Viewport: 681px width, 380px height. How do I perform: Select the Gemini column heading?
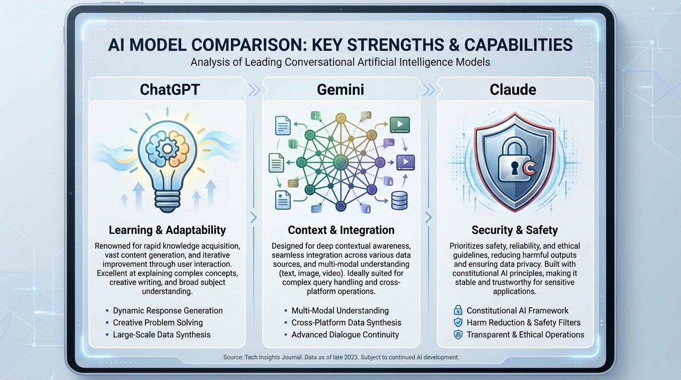340,90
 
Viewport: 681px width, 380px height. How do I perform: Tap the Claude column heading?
513,90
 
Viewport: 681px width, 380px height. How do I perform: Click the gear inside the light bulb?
168,148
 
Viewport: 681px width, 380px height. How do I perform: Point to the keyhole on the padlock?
514,168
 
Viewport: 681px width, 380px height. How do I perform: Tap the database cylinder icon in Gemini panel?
398,201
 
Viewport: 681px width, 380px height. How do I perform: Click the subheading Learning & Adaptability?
167,230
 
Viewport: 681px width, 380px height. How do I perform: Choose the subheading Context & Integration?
341,230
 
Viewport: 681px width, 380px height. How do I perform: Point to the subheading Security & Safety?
515,230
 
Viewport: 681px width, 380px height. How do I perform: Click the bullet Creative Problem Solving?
158,323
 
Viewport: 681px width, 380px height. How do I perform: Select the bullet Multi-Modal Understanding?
340,311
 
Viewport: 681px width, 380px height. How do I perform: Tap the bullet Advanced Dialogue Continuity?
345,334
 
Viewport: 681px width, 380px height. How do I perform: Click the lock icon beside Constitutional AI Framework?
458,311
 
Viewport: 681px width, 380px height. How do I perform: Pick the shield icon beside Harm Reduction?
458,323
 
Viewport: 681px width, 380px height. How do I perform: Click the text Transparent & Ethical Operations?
525,334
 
